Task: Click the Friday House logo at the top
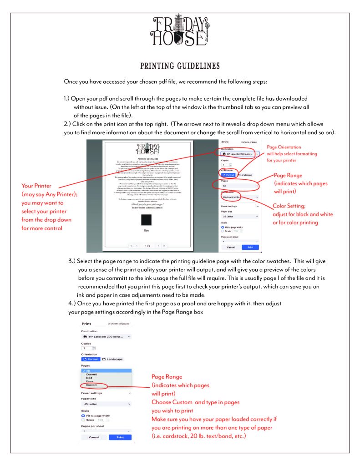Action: (x=180, y=32)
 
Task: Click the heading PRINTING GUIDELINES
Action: (x=180, y=66)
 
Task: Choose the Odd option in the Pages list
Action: (x=86, y=377)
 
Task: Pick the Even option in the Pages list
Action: (x=87, y=381)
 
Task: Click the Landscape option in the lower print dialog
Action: (x=112, y=359)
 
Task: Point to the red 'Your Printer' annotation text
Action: (x=38, y=186)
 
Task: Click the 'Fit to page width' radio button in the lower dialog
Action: (x=83, y=415)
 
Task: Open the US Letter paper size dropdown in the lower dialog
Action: (x=106, y=404)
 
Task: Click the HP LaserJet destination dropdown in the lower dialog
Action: (x=106, y=336)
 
